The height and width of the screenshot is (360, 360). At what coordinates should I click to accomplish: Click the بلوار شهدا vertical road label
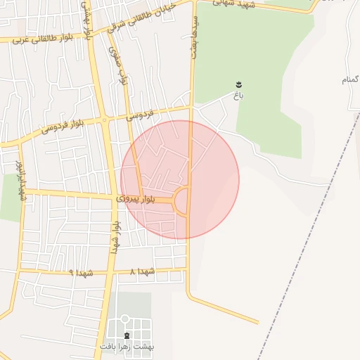[115, 238]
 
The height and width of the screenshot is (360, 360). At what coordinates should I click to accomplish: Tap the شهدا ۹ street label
[82, 271]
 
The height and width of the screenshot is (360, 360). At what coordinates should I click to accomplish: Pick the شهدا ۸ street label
[143, 271]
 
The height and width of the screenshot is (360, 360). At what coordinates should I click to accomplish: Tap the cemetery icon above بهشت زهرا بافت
[127, 335]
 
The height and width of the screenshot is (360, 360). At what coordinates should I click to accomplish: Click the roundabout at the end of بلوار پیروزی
[182, 202]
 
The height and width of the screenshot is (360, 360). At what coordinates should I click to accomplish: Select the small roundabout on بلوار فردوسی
[104, 121]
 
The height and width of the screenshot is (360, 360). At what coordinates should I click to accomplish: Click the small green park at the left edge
[10, 197]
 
